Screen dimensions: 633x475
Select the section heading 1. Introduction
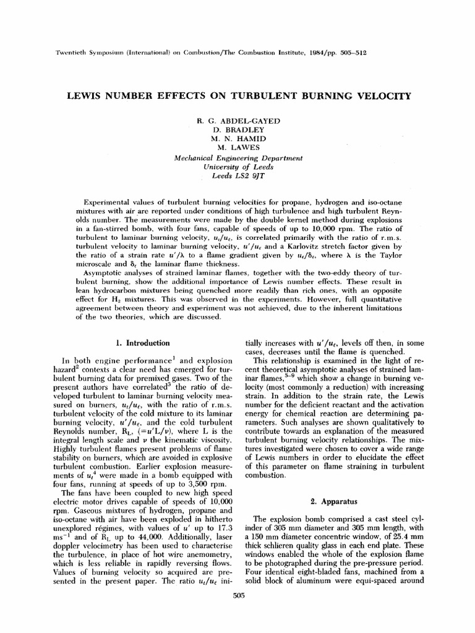pyautogui.click(x=143, y=342)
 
